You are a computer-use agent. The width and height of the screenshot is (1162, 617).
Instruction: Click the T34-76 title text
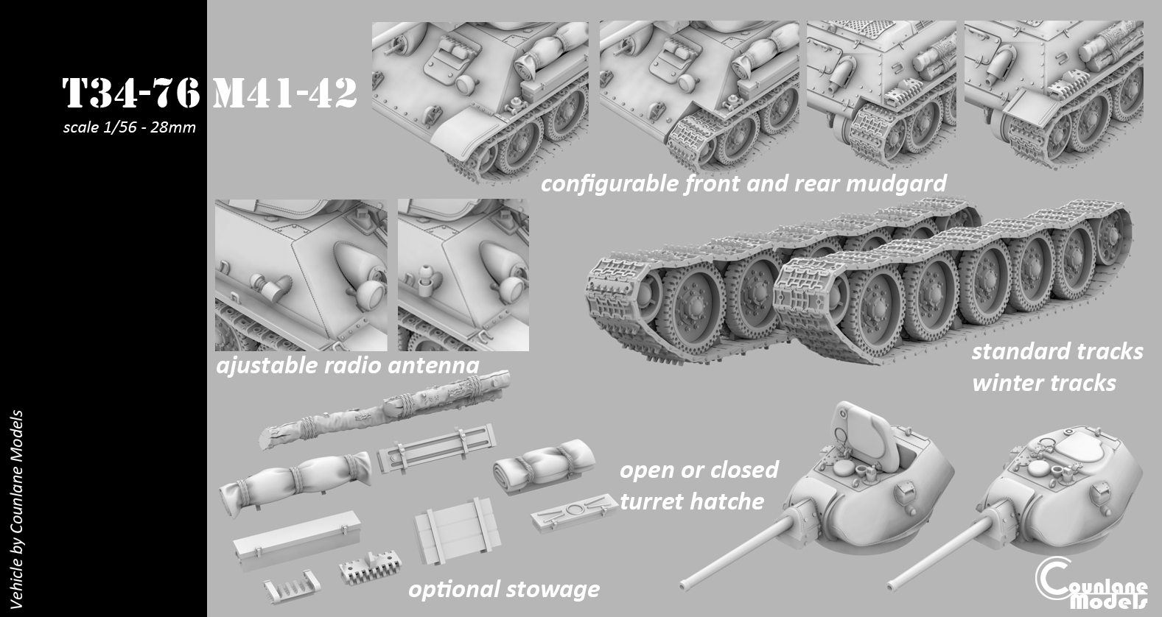tap(130, 94)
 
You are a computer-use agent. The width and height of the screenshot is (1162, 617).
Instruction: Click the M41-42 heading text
tap(284, 94)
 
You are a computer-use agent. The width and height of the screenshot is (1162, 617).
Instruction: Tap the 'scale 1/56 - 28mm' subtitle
tap(130, 127)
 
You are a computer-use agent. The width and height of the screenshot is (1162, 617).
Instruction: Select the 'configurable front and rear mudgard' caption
tap(743, 183)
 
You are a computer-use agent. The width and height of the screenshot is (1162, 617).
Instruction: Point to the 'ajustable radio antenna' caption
tap(347, 364)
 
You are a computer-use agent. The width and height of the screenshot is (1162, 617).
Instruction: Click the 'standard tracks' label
tap(1057, 351)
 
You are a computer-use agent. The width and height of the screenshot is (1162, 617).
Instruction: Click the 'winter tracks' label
tap(1043, 383)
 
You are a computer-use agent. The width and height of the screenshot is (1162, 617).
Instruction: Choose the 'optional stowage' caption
tap(503, 589)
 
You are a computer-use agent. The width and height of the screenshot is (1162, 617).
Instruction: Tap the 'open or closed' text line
tap(699, 470)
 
